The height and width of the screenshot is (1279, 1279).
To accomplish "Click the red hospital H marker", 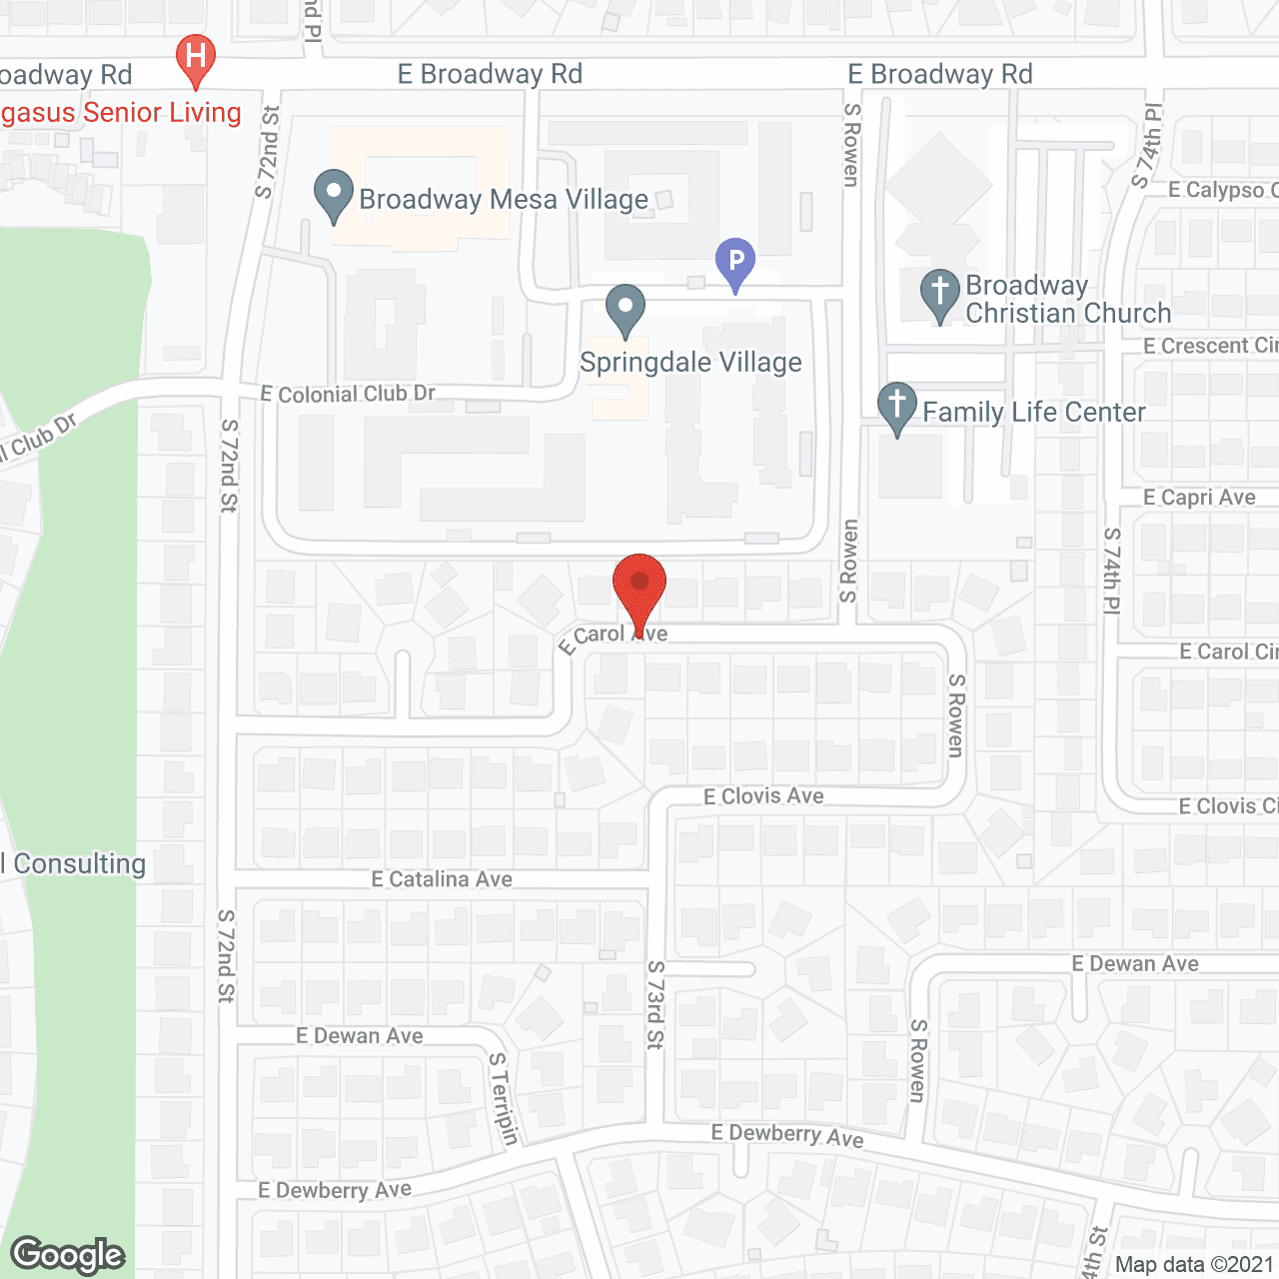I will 196,57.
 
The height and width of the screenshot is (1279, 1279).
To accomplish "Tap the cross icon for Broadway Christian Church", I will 939,294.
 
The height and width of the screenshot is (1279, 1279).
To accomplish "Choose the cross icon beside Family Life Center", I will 897,408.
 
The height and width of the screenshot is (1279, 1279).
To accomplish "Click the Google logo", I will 68,1255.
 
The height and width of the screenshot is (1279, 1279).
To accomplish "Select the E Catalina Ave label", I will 442,879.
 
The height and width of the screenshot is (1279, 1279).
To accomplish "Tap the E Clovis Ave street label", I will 763,796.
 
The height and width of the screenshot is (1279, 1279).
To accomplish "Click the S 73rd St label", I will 655,1004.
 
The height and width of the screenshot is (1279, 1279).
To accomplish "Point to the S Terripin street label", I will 504,1098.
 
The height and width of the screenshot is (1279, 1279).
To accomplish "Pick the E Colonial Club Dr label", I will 348,394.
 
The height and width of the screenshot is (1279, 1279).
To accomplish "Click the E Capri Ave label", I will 1199,498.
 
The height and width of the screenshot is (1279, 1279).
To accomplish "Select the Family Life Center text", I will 1034,412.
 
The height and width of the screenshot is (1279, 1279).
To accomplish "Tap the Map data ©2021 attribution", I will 1195,1265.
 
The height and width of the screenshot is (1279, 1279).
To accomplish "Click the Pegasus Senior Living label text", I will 121,112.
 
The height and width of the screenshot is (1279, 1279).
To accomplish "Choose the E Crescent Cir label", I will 1210,346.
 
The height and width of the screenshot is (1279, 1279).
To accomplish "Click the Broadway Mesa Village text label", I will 504,200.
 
